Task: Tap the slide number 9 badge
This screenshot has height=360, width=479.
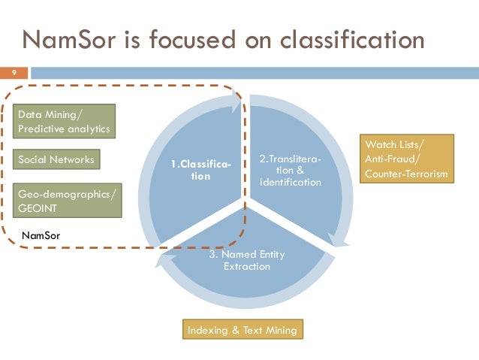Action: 13,73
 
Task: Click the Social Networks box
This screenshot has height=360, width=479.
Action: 58,160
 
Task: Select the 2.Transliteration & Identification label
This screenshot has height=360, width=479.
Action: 290,171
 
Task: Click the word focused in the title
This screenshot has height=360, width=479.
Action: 191,38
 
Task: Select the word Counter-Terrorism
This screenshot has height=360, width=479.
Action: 406,174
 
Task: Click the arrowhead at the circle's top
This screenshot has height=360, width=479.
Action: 241,105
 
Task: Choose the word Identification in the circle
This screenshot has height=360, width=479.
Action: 291,183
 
